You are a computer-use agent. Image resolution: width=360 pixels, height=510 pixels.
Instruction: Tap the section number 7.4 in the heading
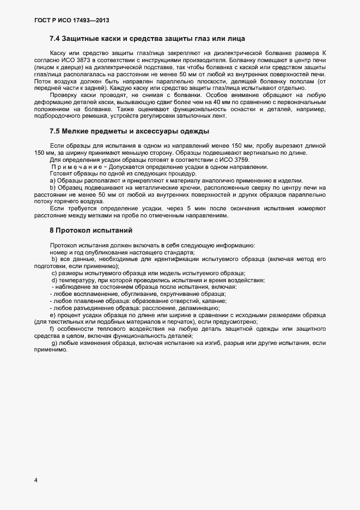click(x=55, y=39)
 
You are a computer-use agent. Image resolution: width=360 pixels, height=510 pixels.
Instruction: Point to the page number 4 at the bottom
click(x=35, y=480)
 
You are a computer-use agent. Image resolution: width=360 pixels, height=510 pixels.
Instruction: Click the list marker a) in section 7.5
click(x=53, y=181)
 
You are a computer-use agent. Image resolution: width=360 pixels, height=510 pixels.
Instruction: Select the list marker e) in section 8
click(x=52, y=315)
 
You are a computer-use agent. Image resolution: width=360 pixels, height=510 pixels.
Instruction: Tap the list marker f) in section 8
click(x=52, y=329)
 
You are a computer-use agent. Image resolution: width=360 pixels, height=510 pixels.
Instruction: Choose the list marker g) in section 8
click(x=53, y=343)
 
